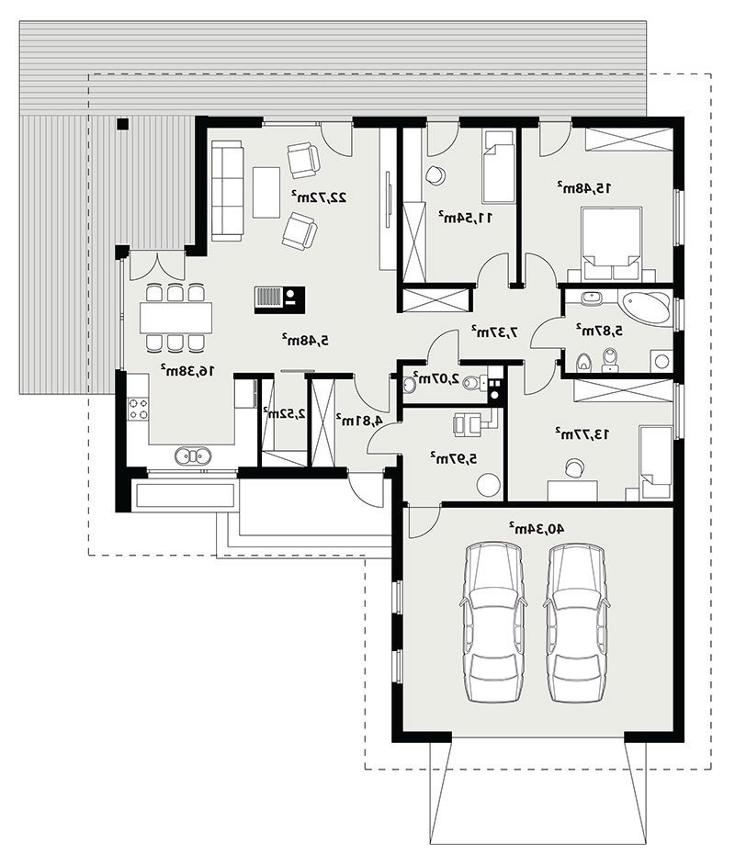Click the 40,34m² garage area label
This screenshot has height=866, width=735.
pos(537,528)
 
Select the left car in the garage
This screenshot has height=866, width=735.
pos(493,623)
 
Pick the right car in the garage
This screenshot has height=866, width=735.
pos(577,623)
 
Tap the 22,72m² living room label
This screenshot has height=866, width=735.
pos(320,196)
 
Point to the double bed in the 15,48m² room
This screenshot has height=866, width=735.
pos(611,243)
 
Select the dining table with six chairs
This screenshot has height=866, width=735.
pos(176,317)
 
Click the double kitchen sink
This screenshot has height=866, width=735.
pos(193,455)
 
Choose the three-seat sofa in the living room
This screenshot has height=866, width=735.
pos(227,190)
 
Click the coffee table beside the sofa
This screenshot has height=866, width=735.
pos(267,192)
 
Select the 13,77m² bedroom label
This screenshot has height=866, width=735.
pos(582,433)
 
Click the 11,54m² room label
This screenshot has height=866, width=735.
pos(465,217)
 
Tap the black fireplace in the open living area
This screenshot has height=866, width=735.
pos(279,299)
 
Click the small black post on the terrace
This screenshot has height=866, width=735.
pos(122,124)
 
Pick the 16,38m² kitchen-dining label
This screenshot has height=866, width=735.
pos(187,370)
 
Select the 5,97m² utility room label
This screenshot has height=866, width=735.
pos(453,457)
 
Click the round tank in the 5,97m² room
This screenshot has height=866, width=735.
pos(489,485)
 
